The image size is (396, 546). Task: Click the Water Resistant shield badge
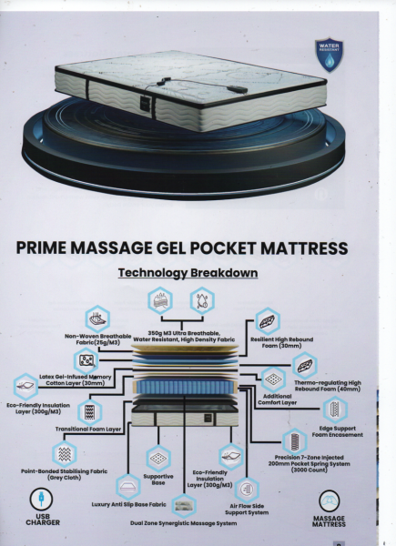point(330,55)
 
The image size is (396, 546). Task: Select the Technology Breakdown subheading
point(188,273)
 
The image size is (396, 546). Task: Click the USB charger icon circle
point(42,500)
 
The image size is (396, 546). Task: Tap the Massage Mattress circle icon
point(330,501)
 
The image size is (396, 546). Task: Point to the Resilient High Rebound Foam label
point(282,342)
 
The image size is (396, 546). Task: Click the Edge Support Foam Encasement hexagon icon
point(335,409)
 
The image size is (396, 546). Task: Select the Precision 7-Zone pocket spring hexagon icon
point(295,441)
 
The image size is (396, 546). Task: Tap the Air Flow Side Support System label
point(247,509)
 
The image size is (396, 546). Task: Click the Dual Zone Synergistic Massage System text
point(184,523)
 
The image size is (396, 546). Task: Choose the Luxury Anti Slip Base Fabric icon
point(128,487)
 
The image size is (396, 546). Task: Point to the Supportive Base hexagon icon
point(158,459)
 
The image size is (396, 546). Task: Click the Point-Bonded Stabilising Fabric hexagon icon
point(65,454)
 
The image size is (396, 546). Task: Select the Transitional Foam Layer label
point(88,429)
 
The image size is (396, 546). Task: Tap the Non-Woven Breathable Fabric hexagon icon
point(97,318)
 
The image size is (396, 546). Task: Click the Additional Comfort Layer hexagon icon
point(273,379)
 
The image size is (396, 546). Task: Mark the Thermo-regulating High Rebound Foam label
point(328,386)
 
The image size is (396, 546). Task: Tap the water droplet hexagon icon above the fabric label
point(202,301)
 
